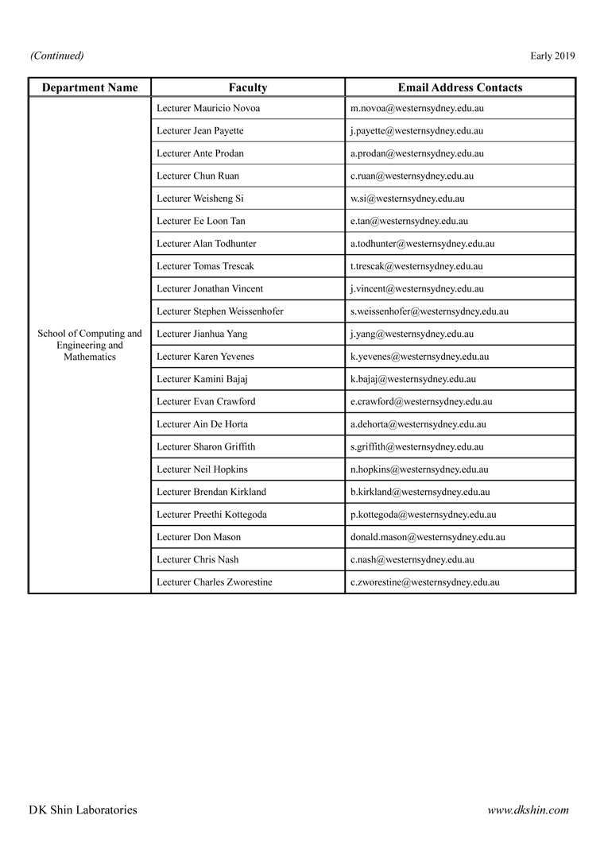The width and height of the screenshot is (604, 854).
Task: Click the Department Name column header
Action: tap(90, 87)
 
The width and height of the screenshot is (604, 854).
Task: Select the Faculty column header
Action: tap(248, 87)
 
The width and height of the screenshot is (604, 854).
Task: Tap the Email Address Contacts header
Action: tap(460, 87)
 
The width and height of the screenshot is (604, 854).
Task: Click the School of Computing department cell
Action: tap(90, 346)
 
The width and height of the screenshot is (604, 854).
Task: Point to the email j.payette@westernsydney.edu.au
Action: tap(416, 131)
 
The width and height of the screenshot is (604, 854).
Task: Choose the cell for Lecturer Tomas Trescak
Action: tap(205, 266)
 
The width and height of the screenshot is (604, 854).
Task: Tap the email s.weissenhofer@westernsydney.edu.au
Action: tap(429, 311)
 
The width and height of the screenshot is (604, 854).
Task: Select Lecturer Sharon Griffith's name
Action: tap(206, 447)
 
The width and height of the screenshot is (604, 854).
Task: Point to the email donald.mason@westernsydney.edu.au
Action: tap(428, 537)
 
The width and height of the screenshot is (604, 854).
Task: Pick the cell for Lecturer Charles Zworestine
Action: tap(215, 582)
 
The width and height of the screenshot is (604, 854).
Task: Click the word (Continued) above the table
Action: tap(57, 56)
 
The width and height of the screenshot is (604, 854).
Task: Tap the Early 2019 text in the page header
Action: tap(552, 56)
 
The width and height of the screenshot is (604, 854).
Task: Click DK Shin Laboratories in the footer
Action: tap(83, 810)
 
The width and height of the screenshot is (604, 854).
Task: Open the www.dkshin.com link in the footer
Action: tap(528, 810)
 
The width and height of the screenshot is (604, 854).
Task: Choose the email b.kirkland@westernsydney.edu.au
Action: tap(420, 493)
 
